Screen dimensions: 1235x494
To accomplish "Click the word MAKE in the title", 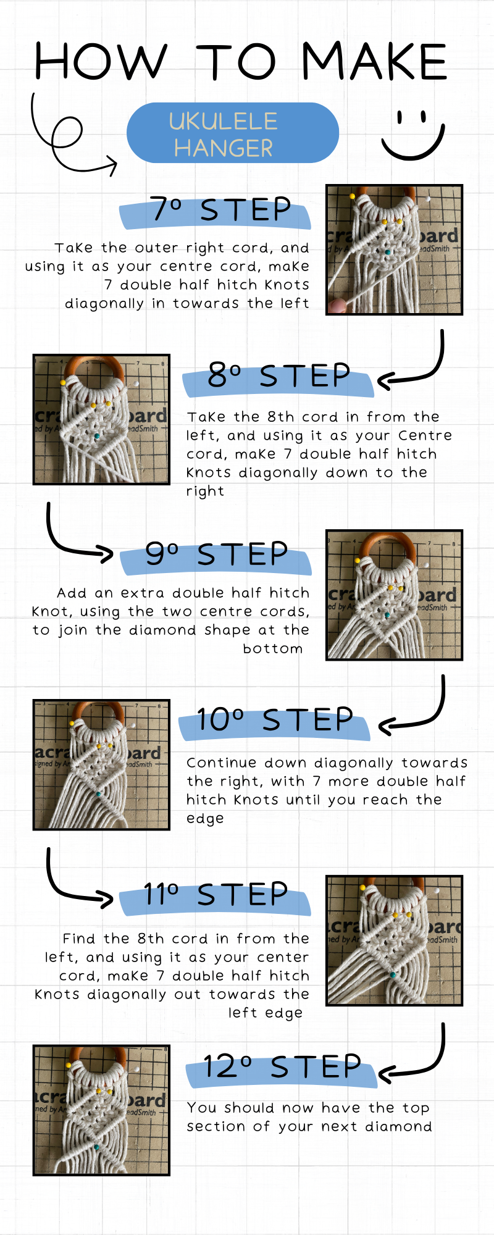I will [x=374, y=62].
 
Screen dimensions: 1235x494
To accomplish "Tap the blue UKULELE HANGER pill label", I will [x=232, y=133].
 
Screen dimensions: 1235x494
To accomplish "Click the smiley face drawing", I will [x=412, y=136].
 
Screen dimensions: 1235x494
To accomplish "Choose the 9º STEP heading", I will [x=216, y=555].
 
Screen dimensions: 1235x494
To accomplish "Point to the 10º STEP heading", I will [x=275, y=721].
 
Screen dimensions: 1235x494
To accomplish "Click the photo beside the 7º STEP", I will [x=394, y=250].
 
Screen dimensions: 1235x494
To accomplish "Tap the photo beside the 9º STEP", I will [x=394, y=595].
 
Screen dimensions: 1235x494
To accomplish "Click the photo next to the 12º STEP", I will [x=101, y=1110].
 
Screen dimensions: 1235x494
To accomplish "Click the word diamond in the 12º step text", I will [x=398, y=1127].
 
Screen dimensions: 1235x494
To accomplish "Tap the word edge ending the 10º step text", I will [x=205, y=819].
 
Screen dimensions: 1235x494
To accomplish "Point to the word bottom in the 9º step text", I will [x=272, y=648].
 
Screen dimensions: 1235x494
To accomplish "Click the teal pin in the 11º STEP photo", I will [x=393, y=974].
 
